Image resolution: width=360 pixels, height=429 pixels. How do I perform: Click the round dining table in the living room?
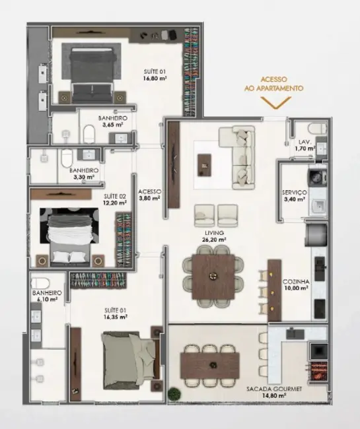point(212,273)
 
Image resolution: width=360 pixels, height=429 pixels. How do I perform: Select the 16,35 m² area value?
point(115,317)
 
